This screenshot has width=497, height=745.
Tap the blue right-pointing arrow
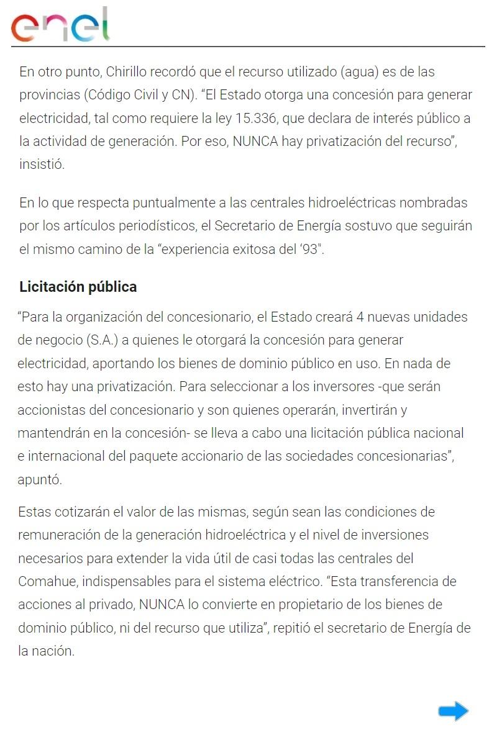[x=453, y=711]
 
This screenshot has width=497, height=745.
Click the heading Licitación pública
[x=78, y=287]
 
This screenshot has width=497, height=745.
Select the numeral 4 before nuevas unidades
[x=360, y=317]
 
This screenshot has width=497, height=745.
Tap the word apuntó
[x=40, y=480]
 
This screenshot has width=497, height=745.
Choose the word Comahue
[x=46, y=581]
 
